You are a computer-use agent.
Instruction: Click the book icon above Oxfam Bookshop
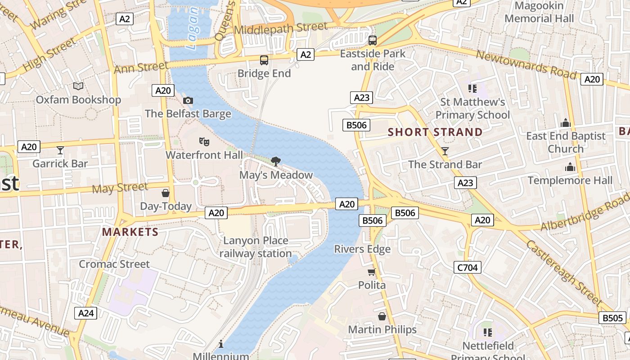click(78, 86)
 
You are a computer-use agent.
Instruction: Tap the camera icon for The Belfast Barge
click(188, 100)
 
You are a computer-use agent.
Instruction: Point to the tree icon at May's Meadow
click(276, 162)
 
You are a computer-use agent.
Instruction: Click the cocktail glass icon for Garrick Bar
click(60, 150)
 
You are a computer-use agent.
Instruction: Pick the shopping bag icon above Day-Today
click(166, 193)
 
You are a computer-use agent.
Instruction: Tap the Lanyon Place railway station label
click(256, 247)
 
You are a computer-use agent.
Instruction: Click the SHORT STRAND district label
click(435, 132)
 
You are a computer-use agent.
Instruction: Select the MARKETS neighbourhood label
click(130, 232)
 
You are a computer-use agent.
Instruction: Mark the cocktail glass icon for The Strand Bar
click(445, 151)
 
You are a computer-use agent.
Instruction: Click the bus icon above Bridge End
click(264, 60)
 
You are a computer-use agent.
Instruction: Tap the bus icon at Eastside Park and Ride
click(373, 40)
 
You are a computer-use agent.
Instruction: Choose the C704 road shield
click(468, 268)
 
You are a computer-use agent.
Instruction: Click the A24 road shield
click(85, 313)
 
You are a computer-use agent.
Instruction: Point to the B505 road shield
click(612, 318)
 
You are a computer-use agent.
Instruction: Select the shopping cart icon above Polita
click(372, 272)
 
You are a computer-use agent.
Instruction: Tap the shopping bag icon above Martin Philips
click(382, 316)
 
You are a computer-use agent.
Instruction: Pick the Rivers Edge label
click(362, 249)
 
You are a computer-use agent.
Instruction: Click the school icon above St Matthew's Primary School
click(472, 88)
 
